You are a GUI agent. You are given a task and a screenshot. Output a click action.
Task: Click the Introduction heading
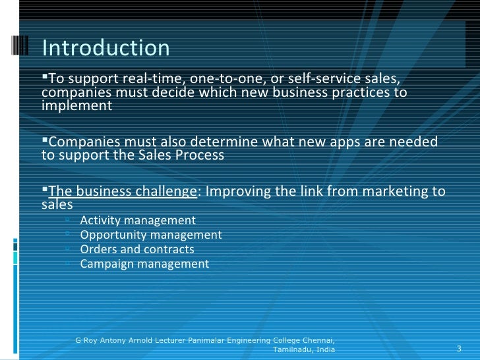(x=105, y=48)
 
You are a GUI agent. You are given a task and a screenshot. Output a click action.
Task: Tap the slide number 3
(x=459, y=348)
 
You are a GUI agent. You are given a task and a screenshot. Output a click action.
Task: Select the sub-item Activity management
(x=138, y=220)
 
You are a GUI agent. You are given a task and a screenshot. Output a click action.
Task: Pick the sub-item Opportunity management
(x=151, y=235)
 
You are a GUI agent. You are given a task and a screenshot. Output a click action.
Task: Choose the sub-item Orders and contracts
(x=137, y=249)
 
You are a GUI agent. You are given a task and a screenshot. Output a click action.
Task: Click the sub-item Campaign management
(x=144, y=264)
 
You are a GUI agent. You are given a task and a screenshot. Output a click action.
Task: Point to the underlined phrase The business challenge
(x=123, y=192)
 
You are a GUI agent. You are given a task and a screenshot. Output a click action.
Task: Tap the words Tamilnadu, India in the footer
(x=304, y=349)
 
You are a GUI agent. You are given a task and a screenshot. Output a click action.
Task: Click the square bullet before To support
(x=45, y=78)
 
